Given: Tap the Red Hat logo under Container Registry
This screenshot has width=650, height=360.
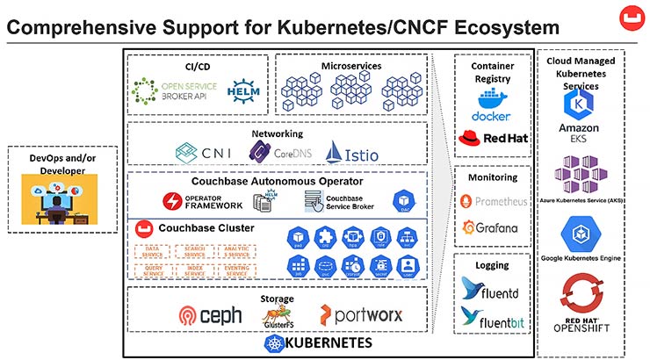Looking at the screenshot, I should click(x=492, y=139).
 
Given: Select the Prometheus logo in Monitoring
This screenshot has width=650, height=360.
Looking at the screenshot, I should click(x=494, y=202).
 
